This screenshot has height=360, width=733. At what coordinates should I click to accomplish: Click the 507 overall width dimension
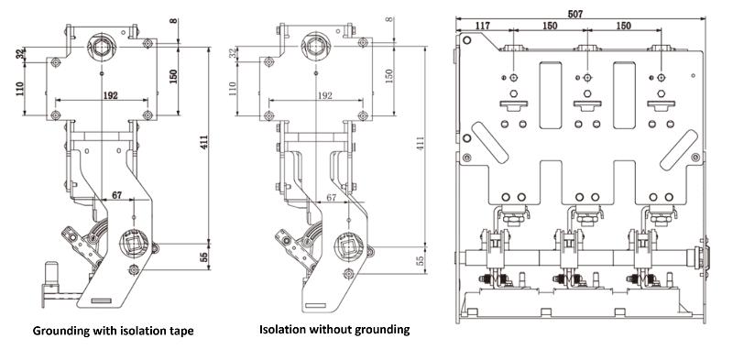(575, 14)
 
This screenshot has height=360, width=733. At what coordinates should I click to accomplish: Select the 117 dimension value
(483, 26)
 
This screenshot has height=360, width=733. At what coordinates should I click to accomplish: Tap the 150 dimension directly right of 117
(550, 26)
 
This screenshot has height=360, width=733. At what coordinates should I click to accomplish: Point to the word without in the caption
(334, 330)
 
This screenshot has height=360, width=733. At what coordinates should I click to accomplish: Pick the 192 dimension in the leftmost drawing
(110, 95)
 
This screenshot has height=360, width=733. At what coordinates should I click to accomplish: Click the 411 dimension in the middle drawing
(421, 143)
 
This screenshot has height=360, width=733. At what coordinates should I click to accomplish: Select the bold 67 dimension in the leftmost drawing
(117, 195)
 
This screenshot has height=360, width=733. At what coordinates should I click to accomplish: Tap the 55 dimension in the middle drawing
(421, 259)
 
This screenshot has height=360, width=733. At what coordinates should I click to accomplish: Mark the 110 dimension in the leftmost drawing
(20, 89)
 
